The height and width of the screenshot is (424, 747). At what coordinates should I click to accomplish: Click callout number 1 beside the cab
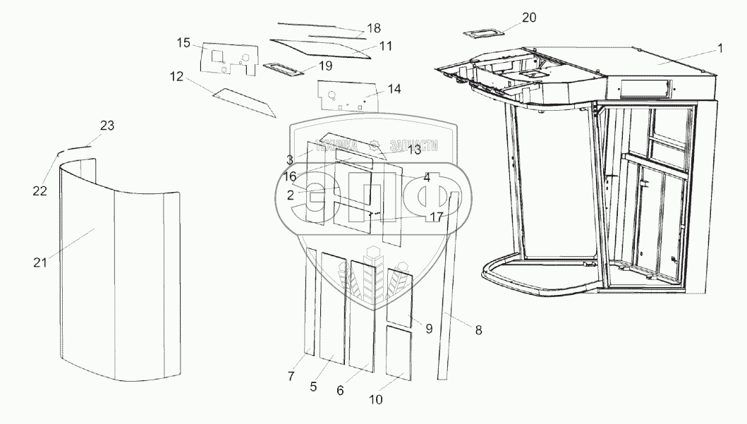[x=719, y=48]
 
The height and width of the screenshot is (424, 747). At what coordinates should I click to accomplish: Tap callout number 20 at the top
[x=530, y=16]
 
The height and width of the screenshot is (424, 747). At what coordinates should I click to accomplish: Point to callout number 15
[x=183, y=44]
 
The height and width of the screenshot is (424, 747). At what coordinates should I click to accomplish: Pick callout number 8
[x=479, y=328]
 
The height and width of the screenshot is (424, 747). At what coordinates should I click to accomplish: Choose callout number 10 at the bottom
[x=376, y=399]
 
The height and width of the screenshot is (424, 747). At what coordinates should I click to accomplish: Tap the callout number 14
[x=394, y=89]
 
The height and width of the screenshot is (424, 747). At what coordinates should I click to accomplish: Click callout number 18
[x=373, y=29]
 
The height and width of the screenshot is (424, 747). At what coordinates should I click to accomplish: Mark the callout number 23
[x=107, y=126]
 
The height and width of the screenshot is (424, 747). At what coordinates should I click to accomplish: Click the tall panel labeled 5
[x=333, y=307]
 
